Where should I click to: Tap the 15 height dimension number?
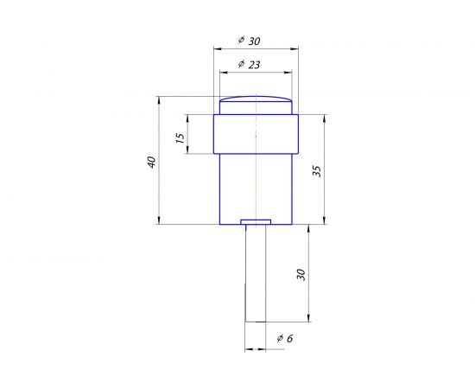180,138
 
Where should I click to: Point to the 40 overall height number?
151,162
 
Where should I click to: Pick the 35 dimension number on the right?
316,169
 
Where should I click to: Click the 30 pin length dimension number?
301,273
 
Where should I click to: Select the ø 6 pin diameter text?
285,339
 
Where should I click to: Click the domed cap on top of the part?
256,105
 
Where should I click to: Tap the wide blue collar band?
256,134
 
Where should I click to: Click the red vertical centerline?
256,173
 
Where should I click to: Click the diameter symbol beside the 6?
280,339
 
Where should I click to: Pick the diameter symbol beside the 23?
240,64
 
